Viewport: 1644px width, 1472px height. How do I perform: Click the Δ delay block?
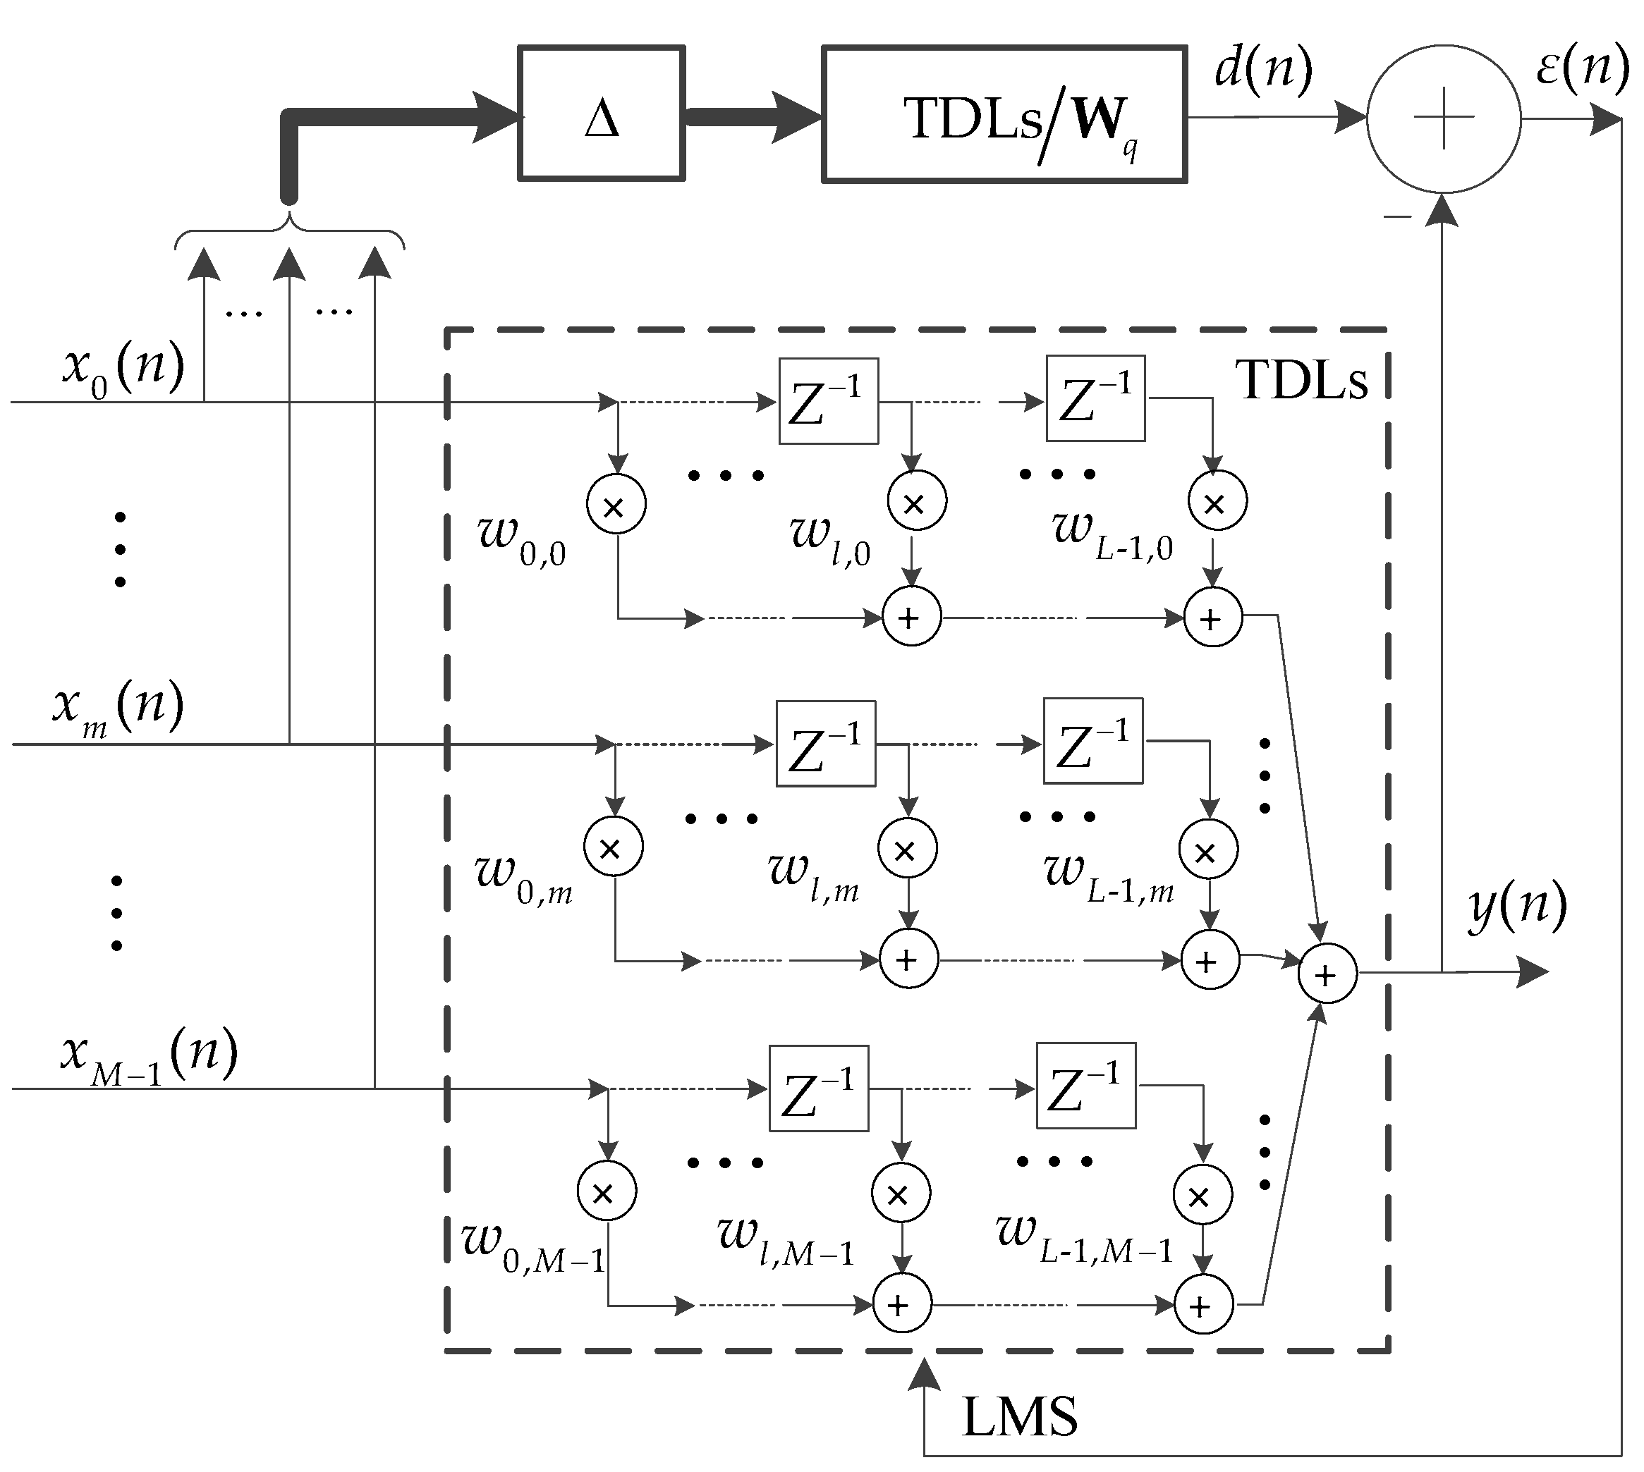pyautogui.click(x=601, y=114)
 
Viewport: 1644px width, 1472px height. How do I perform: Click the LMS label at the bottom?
pyautogui.click(x=1018, y=1416)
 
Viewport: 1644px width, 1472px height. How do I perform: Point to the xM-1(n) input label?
pyautogui.click(x=149, y=1055)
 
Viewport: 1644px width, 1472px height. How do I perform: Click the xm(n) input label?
pyautogui.click(x=118, y=707)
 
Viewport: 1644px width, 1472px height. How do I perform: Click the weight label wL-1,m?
pyautogui.click(x=1109, y=878)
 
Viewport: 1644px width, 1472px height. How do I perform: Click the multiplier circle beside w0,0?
pyautogui.click(x=616, y=505)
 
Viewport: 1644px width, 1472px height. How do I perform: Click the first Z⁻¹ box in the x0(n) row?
pyautogui.click(x=829, y=401)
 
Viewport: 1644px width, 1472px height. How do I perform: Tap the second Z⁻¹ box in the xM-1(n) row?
pyautogui.click(x=1085, y=1086)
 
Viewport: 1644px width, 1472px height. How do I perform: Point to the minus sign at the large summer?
pyautogui.click(x=1397, y=216)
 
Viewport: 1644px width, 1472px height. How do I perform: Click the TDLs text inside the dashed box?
pyautogui.click(x=1301, y=380)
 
